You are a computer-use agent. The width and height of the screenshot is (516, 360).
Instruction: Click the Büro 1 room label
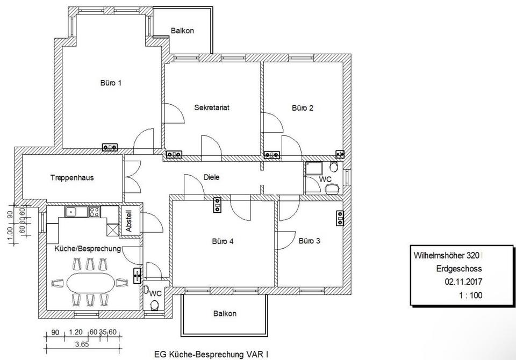point(111,83)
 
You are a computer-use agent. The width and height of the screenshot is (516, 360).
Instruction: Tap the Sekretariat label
point(212,107)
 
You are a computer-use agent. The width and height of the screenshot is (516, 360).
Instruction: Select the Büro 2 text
point(303,107)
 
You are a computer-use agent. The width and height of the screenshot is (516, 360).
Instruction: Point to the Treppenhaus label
point(72,178)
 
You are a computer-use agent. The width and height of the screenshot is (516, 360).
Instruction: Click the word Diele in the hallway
point(211,177)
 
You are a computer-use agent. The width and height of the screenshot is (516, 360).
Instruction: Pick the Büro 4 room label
point(223,241)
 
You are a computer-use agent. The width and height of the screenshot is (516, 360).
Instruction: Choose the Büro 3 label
point(310,241)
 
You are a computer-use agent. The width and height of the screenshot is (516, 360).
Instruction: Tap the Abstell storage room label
point(128,221)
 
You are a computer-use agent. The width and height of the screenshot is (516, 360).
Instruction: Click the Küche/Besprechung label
point(88,248)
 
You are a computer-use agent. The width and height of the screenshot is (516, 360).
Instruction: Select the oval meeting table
point(91,282)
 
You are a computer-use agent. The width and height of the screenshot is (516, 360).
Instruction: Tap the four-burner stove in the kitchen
point(94,212)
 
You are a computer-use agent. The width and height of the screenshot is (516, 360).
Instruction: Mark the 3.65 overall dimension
point(82,344)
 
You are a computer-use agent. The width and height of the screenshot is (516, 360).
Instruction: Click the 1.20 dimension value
point(75,332)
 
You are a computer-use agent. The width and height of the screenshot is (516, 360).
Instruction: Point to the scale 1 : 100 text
point(471,295)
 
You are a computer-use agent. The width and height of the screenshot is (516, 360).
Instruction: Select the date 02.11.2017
point(463,282)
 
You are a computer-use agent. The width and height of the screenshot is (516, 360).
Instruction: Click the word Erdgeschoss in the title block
point(459,269)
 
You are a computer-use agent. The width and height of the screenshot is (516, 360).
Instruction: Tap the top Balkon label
point(182,31)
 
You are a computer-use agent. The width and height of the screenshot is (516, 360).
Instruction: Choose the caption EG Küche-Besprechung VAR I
point(211,355)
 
